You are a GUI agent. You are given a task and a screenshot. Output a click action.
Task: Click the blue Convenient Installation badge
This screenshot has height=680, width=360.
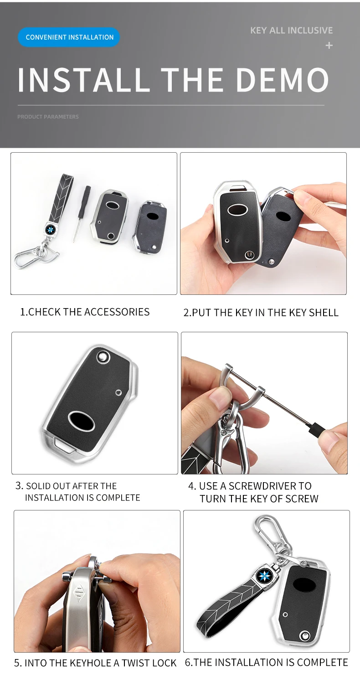click(69, 37)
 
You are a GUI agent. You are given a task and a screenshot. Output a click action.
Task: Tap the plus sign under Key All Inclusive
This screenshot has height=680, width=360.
click(329, 46)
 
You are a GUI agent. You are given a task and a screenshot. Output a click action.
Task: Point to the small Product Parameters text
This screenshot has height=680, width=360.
click(48, 117)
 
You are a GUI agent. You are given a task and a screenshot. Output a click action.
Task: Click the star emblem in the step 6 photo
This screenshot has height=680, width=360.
click(264, 576)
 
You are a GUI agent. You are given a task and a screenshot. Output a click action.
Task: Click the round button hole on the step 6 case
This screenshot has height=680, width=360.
click(304, 636)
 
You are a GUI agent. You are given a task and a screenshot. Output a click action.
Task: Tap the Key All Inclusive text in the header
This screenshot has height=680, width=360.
click(291, 31)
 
